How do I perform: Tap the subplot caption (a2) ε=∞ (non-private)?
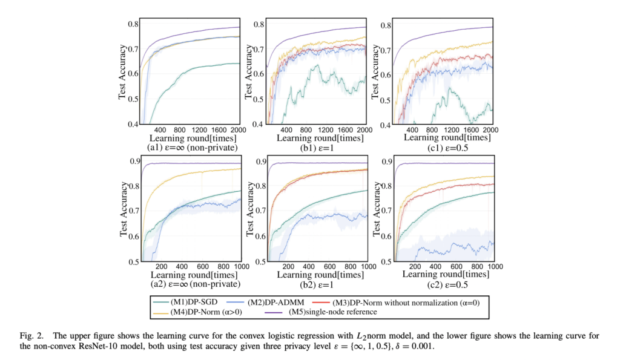click(x=188, y=284)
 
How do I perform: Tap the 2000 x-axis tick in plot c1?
click(x=489, y=129)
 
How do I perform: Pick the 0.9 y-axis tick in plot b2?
click(x=259, y=162)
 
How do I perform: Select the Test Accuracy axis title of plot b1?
click(x=248, y=72)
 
